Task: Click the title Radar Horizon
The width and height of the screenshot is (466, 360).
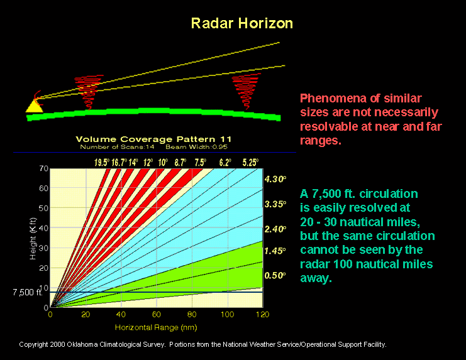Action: [x=242, y=23]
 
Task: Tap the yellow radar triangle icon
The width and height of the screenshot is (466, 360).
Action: [x=33, y=106]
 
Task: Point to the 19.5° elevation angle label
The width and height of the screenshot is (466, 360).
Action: [x=101, y=162]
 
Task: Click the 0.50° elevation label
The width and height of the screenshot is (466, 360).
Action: [x=275, y=275]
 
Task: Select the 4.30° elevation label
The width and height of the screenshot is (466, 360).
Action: [x=275, y=179]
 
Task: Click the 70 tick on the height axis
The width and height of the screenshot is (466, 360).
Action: [x=43, y=168]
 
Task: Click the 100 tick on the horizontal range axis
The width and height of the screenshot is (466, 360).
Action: [x=227, y=314]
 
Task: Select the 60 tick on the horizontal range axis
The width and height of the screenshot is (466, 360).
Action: [x=157, y=314]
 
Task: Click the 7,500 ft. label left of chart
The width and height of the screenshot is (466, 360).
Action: [x=26, y=293]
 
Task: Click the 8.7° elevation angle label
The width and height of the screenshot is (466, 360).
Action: [x=179, y=162]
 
